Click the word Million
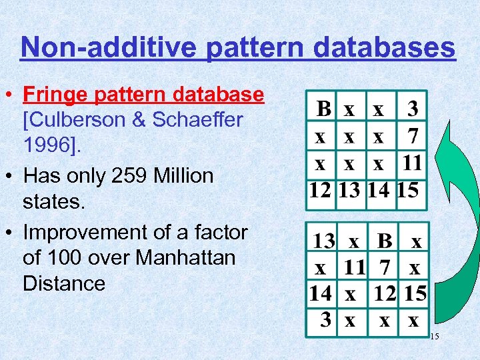[180, 176]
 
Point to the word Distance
[64, 283]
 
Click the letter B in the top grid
[323, 109]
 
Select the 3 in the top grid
[413, 109]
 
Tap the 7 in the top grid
[413, 136]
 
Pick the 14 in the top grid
[379, 190]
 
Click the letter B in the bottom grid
[384, 239]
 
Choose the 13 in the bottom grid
[325, 239]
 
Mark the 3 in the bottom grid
[326, 320]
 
